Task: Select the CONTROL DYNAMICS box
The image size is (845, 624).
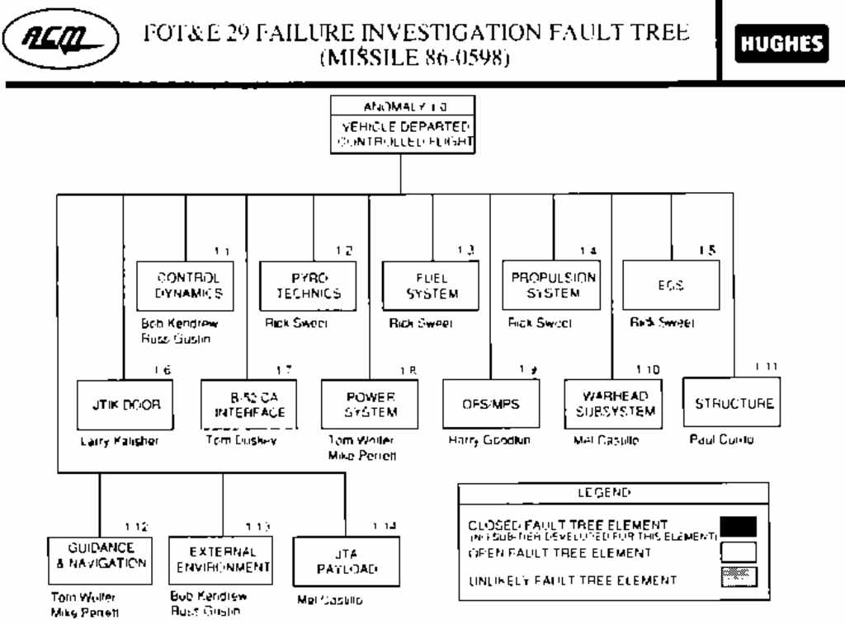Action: pyautogui.click(x=185, y=285)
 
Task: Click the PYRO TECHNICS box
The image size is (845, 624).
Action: pyautogui.click(x=309, y=285)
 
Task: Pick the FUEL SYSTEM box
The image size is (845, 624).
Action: pyautogui.click(x=431, y=285)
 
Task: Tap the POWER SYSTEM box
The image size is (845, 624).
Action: pyautogui.click(x=371, y=404)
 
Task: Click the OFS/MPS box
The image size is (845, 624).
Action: pyautogui.click(x=491, y=404)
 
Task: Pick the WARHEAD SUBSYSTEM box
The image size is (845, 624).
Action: pyautogui.click(x=611, y=404)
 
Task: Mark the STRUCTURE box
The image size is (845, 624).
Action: pyautogui.click(x=733, y=403)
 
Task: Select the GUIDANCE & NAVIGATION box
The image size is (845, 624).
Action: pyautogui.click(x=100, y=560)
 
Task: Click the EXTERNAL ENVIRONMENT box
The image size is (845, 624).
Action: pyautogui.click(x=222, y=560)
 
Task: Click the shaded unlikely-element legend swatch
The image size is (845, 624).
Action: pyautogui.click(x=738, y=579)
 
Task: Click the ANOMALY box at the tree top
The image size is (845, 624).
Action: pyautogui.click(x=402, y=124)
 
